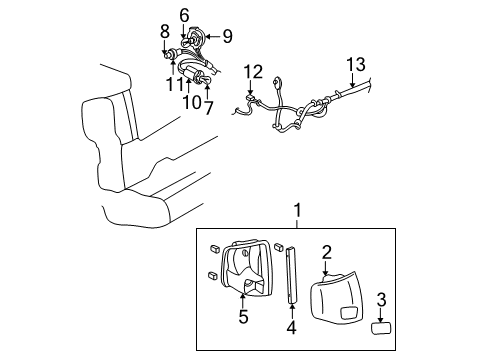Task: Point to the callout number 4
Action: (x=291, y=325)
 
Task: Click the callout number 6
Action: (x=184, y=14)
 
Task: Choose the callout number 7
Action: (x=208, y=103)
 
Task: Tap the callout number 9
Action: (x=227, y=37)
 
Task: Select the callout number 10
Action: (x=188, y=103)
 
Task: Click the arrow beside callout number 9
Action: (x=211, y=37)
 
